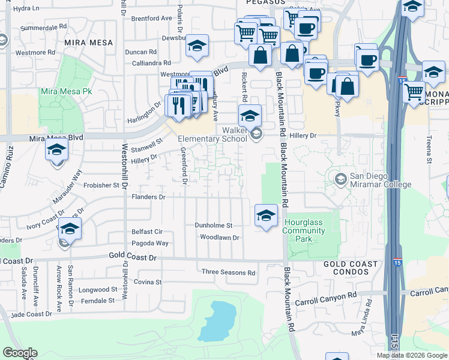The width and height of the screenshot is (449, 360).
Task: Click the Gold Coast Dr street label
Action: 133,256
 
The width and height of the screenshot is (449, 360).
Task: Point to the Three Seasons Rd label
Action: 228,272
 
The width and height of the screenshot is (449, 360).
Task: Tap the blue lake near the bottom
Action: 217,321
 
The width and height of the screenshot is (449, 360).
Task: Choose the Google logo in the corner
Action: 20,353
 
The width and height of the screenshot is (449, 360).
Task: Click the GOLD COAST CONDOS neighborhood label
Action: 351,268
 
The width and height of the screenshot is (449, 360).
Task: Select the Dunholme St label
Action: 213,225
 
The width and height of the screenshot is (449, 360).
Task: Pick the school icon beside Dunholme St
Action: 266,215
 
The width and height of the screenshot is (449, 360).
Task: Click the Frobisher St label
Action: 102,185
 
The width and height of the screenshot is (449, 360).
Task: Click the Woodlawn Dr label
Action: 220,238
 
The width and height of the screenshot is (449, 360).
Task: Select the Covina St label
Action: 148,281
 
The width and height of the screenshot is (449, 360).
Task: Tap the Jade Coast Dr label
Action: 31,314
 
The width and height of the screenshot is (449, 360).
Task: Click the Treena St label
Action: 429,150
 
